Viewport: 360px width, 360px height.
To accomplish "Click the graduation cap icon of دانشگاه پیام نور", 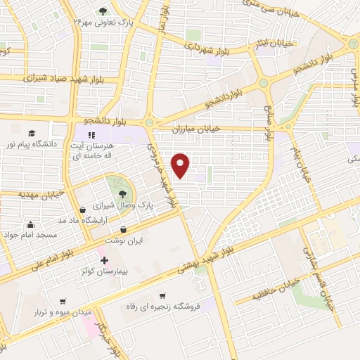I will (x=31, y=133).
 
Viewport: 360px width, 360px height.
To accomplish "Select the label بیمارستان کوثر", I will (x=105, y=271).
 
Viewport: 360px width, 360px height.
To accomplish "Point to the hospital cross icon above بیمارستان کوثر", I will (x=105, y=260).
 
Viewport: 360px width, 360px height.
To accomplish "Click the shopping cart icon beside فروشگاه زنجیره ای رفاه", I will (x=163, y=296).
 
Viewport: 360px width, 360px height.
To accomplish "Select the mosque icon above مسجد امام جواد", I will (x=30, y=226).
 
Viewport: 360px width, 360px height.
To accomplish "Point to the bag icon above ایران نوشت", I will (x=124, y=229).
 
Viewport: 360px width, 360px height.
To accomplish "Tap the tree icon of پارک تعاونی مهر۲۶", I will (x=103, y=11).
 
